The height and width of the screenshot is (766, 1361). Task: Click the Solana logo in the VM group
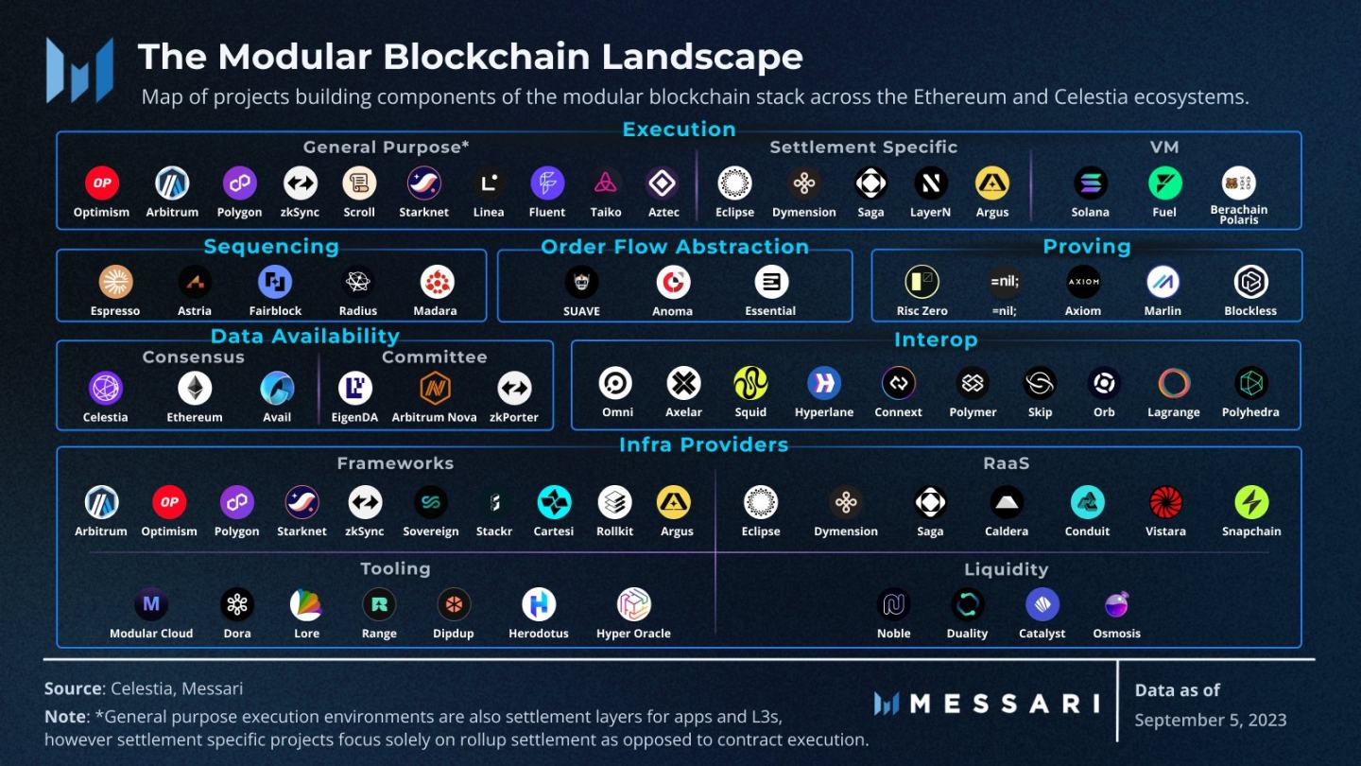click(x=1090, y=183)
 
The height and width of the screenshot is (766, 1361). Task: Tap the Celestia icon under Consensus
click(x=105, y=389)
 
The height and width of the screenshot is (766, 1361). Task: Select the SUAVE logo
click(x=581, y=282)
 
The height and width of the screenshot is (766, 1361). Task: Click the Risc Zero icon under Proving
click(x=922, y=282)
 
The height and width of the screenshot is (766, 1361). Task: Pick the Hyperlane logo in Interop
click(x=824, y=383)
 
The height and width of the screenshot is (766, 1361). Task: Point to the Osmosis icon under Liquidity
click(x=1116, y=604)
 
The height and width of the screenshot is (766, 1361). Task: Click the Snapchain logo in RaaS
click(x=1251, y=502)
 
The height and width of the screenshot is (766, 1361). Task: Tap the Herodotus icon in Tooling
click(x=539, y=604)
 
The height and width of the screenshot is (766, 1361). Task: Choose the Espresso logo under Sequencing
click(x=115, y=282)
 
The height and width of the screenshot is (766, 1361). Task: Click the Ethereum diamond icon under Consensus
click(x=195, y=389)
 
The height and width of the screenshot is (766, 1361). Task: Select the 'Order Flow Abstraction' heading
click(x=675, y=247)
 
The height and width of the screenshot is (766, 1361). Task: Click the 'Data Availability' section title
click(x=304, y=336)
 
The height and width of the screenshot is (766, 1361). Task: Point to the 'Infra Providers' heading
click(x=703, y=444)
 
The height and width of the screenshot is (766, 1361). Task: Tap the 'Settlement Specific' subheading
click(x=863, y=148)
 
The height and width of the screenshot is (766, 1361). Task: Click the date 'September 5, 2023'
click(x=1210, y=720)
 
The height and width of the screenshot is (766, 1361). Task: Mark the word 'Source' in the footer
click(x=73, y=688)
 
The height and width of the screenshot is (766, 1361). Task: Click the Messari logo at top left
click(x=79, y=70)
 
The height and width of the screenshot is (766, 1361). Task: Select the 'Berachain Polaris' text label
click(x=1238, y=215)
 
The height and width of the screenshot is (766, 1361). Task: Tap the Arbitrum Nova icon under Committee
click(x=435, y=389)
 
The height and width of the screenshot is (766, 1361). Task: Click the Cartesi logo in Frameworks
click(x=554, y=502)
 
